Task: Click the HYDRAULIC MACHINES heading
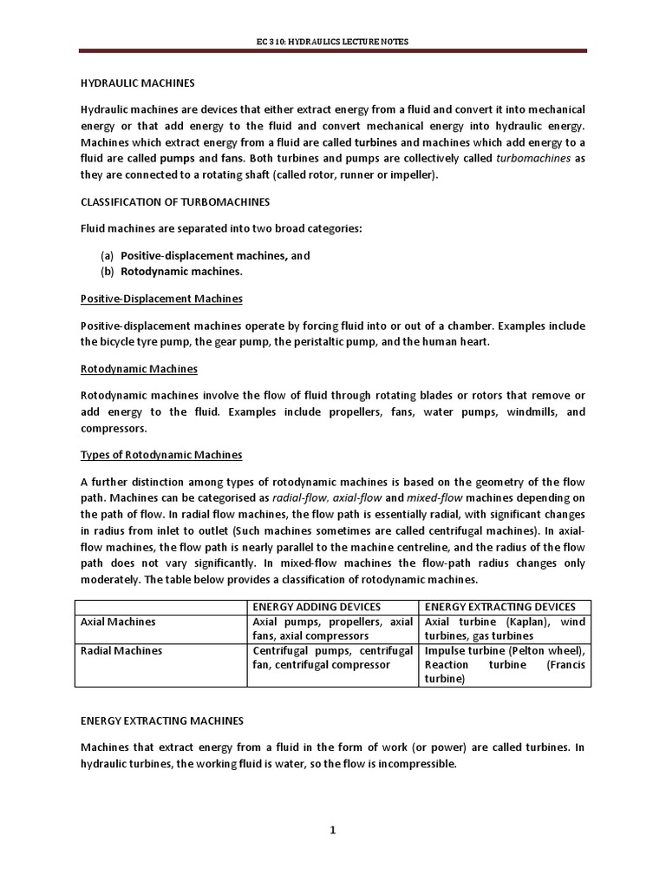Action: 138,83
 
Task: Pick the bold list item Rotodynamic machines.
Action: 181,272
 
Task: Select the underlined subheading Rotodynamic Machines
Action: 139,369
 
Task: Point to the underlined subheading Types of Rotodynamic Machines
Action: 161,455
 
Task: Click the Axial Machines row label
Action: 118,622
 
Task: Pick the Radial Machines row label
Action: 121,650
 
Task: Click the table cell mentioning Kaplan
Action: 504,629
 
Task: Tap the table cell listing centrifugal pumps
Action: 332,657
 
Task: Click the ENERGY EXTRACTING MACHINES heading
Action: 162,721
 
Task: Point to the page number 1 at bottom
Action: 332,830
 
